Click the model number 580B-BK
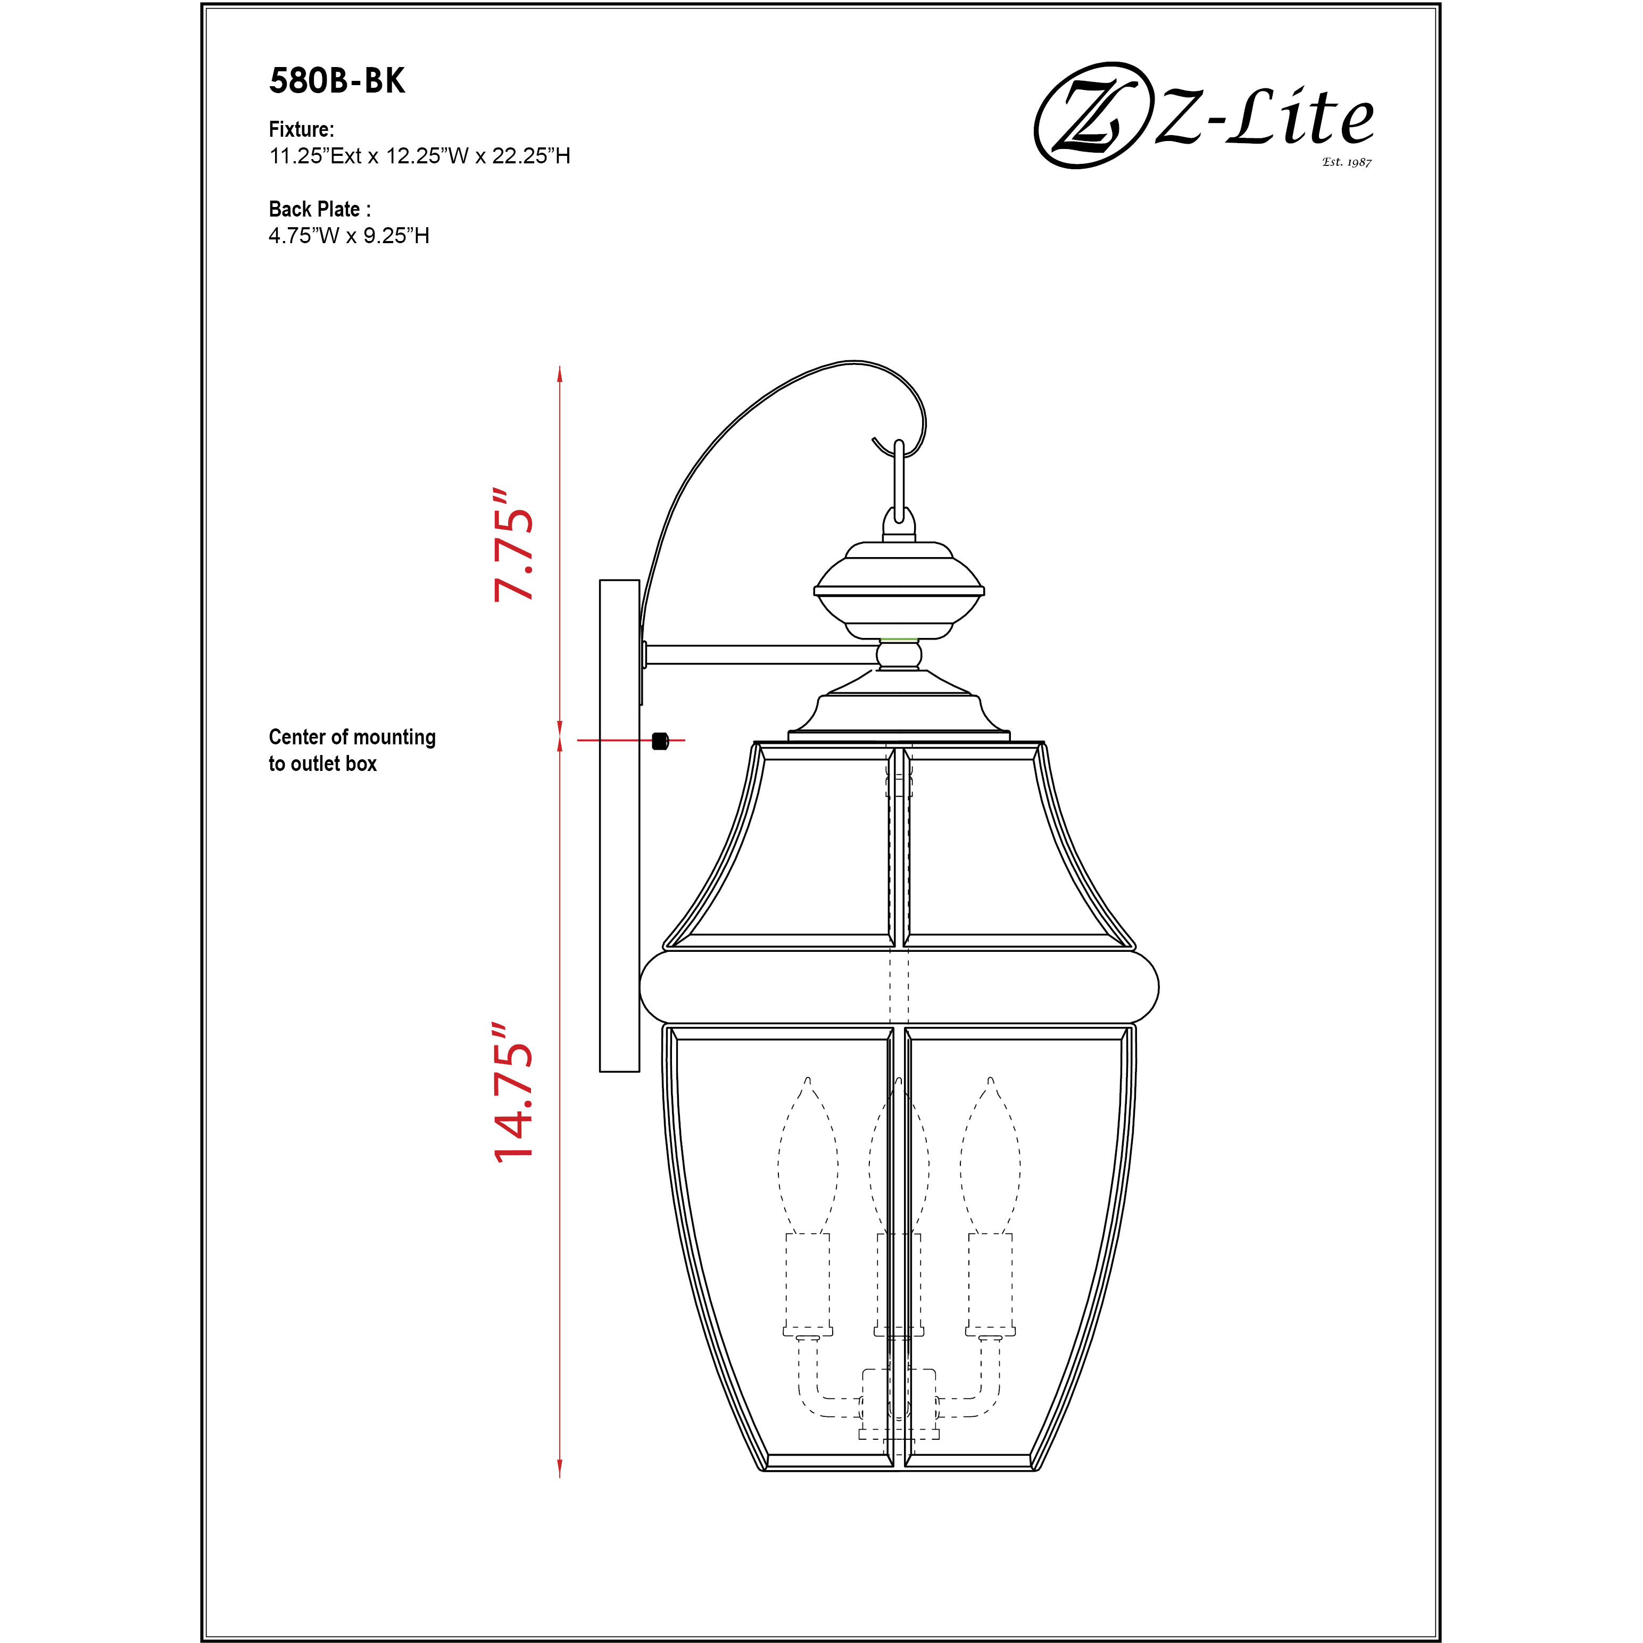[x=337, y=81]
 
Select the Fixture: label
[x=301, y=129]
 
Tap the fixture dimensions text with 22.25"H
[x=419, y=155]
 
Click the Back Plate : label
[x=319, y=209]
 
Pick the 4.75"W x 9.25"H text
[x=348, y=236]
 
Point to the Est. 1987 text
[x=1346, y=162]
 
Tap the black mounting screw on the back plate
[x=660, y=741]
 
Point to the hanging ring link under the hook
[x=899, y=480]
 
